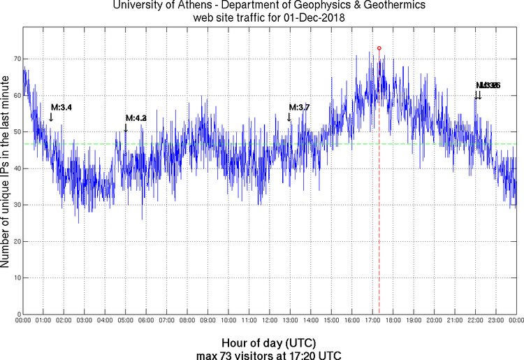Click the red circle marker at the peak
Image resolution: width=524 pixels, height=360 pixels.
pos(379,48)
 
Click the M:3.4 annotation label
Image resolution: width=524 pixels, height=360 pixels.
pos(61,108)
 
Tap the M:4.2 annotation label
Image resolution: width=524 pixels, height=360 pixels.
pos(136,118)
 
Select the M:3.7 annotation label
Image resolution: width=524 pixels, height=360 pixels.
pos(299,108)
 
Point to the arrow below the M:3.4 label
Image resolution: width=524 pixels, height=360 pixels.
pos(51,117)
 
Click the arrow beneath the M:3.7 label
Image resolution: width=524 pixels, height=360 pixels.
pos(289,117)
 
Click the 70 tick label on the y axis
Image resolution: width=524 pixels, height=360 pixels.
pos(14,59)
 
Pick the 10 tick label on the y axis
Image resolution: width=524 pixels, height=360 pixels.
pos(14,278)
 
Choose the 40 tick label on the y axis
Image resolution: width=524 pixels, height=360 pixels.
pos(14,168)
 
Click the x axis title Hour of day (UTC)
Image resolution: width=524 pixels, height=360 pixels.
pos(269,343)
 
